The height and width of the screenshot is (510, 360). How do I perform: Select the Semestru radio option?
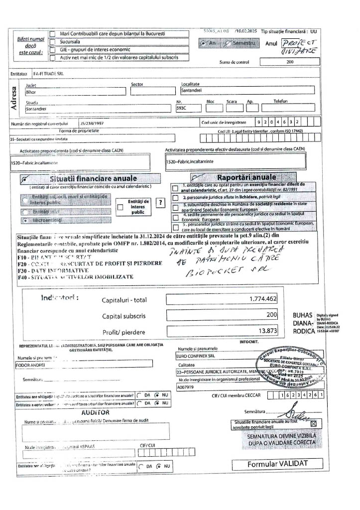[x=229, y=44]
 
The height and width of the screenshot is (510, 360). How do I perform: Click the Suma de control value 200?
[x=290, y=62]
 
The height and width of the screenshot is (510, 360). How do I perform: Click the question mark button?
[x=160, y=202]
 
